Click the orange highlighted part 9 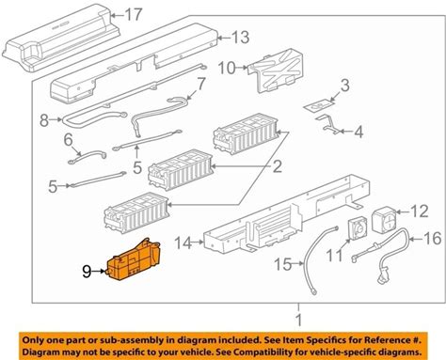134,260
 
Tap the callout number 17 134,14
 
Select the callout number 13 240,38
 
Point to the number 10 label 227,68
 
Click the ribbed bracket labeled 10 276,71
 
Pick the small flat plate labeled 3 319,105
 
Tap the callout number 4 358,132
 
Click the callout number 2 277,166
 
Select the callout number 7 200,84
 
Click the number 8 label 44,120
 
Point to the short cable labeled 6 88,157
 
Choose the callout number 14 183,243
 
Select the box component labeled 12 384,220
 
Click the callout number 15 283,264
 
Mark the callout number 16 433,239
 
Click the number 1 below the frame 299,321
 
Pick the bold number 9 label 87,272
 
